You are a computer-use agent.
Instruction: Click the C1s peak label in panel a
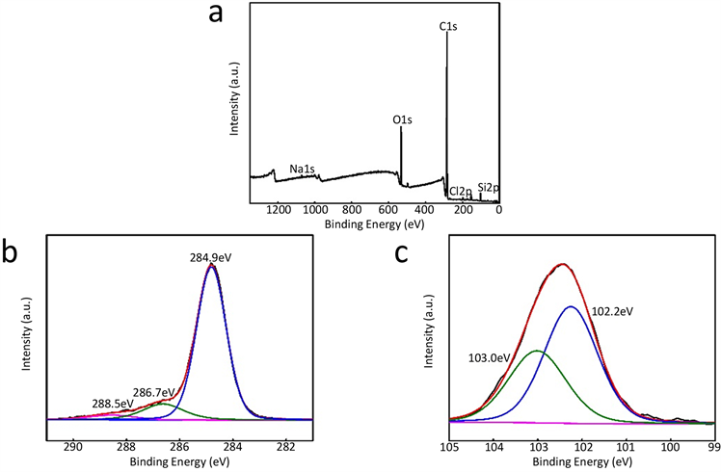click(447, 27)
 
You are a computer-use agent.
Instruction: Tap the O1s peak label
click(403, 120)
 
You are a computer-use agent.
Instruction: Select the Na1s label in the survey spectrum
click(302, 170)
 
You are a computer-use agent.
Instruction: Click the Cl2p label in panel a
click(461, 192)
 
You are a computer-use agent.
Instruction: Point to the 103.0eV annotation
click(488, 357)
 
